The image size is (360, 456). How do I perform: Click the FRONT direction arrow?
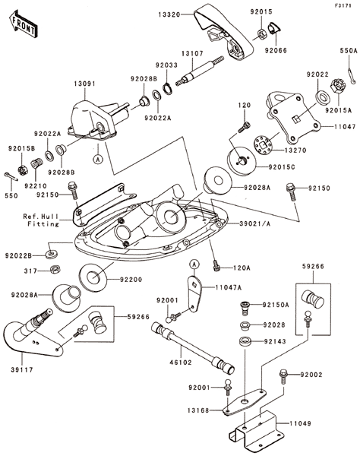23,24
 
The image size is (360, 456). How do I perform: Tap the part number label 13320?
169,14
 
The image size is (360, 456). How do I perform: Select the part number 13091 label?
84,84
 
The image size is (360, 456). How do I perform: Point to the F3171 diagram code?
343,5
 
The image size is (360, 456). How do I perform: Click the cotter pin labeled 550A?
352,76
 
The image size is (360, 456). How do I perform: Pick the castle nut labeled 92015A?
337,86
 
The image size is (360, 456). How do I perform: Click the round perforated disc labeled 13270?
263,145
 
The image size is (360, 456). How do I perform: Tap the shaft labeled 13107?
201,71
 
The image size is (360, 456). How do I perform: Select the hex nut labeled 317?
54,269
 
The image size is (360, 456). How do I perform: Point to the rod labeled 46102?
193,348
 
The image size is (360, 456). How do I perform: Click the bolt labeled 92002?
283,377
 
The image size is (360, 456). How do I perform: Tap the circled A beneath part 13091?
98,159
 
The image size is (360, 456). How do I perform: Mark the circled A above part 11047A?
194,264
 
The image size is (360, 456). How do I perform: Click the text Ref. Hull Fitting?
41,220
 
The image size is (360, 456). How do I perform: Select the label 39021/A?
255,223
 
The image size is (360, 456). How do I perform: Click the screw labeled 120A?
216,265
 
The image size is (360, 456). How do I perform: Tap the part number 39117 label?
22,370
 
